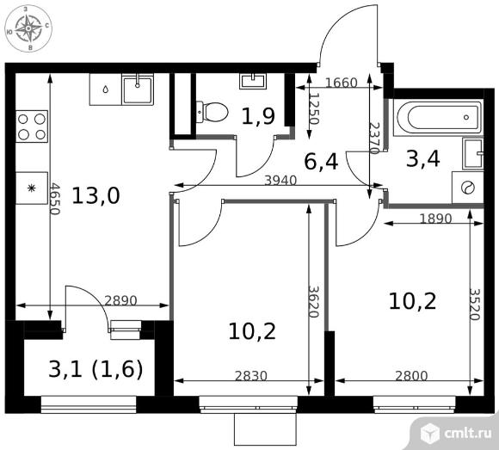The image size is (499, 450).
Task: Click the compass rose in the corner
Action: point(28,28)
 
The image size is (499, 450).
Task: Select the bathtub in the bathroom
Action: point(438,117)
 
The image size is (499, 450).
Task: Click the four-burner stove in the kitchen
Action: point(32,126)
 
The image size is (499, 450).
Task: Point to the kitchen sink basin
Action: point(138,89)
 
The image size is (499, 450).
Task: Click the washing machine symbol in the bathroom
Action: point(468,188)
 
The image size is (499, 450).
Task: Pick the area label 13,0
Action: point(95,195)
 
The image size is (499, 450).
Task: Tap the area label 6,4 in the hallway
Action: point(321,162)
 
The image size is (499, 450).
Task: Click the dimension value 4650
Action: point(55,199)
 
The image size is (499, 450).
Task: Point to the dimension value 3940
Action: point(280,181)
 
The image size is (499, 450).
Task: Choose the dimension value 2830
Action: point(251,376)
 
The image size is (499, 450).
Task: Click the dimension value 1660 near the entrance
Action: point(342,83)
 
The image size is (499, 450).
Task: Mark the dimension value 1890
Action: point(435,219)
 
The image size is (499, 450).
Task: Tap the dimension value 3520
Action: point(474,305)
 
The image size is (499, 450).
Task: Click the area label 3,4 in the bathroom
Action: point(423,159)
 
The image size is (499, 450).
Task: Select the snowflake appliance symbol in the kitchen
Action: point(31,188)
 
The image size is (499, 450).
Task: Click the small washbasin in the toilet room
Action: point(253,81)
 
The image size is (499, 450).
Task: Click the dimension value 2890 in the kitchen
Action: point(120,301)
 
